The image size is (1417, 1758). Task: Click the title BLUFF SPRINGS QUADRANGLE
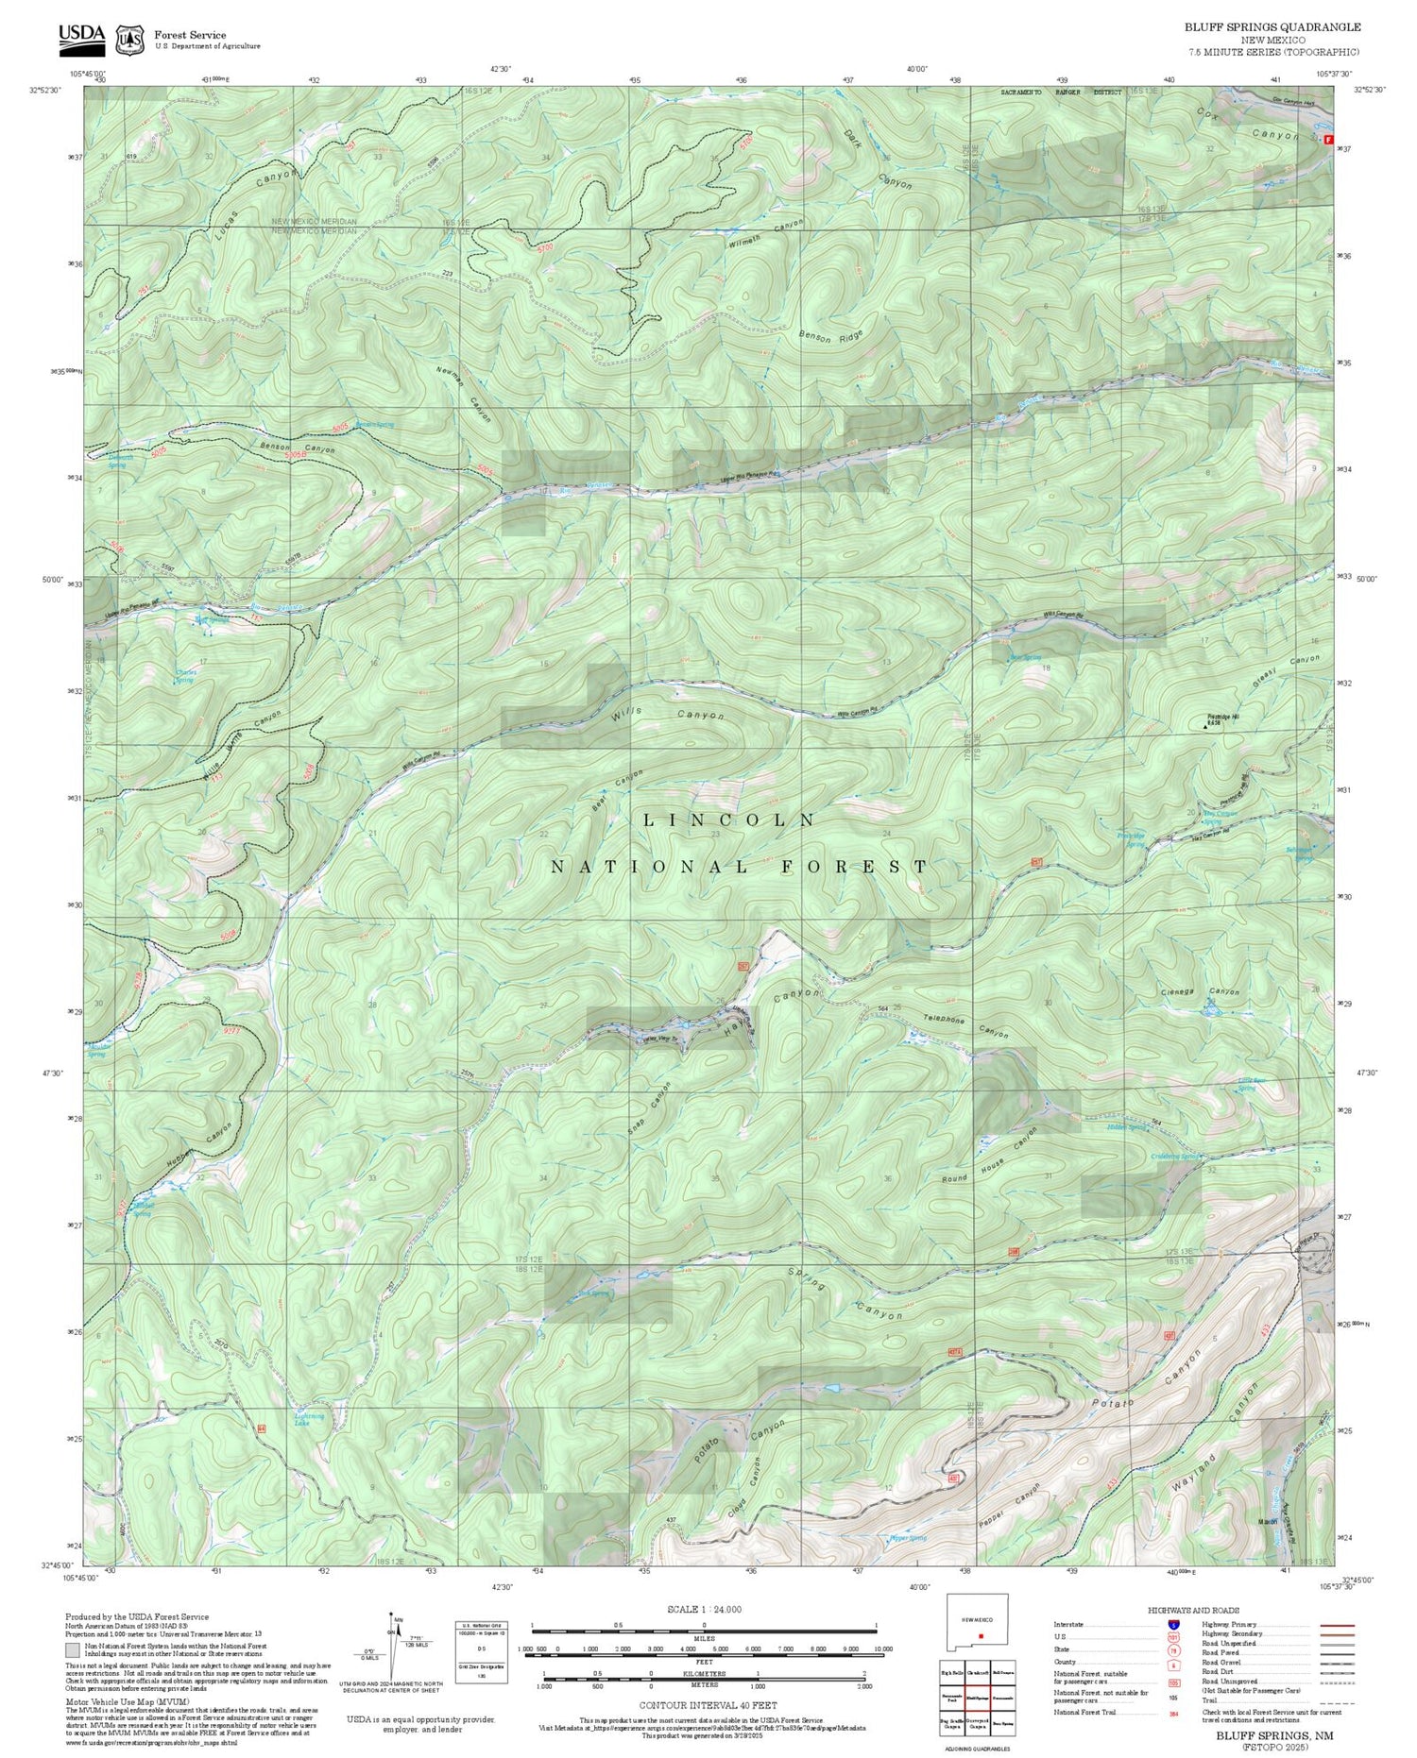(1272, 27)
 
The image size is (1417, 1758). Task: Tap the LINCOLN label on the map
(728, 820)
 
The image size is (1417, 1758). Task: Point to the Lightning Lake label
(310, 1419)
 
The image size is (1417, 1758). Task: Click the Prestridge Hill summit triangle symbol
(1204, 727)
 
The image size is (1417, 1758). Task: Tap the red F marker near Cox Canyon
(1329, 140)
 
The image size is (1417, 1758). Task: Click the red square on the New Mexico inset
(982, 1636)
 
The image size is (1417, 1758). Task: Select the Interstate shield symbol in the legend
(1173, 1625)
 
